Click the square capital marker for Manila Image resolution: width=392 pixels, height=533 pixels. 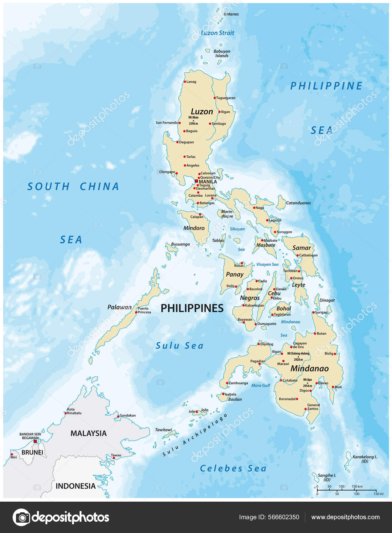click(196, 181)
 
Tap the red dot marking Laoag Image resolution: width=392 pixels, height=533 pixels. click(185, 82)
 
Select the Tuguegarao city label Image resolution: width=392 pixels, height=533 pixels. click(226, 98)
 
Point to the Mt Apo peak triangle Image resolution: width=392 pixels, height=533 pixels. click(307, 383)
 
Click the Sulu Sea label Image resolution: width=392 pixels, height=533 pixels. click(180, 346)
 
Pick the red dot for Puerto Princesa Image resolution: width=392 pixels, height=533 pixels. click(136, 312)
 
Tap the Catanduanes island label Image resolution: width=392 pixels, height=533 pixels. click(298, 203)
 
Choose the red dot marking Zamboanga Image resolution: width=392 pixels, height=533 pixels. click(227, 383)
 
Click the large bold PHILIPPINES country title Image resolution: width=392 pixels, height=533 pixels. click(192, 308)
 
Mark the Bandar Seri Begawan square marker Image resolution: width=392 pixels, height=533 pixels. click(35, 441)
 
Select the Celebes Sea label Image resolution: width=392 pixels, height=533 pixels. click(233, 468)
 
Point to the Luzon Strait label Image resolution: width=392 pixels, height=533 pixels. click(217, 33)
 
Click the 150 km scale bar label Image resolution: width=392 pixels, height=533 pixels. click(357, 487)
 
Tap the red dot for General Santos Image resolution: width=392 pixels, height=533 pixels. click(306, 409)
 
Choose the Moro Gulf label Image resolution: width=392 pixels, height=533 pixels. click(261, 385)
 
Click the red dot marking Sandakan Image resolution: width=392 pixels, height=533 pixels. click(118, 416)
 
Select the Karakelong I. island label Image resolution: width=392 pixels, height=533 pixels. click(364, 457)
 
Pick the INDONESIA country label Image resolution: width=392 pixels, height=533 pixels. click(76, 486)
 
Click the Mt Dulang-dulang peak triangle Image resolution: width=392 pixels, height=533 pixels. click(298, 357)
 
